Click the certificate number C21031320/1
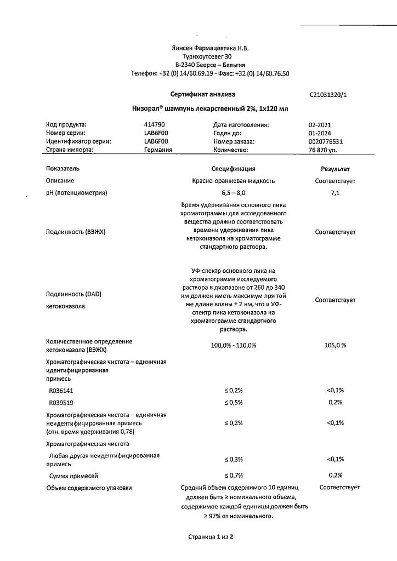(328, 94)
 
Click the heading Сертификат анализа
(202, 94)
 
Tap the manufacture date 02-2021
(320, 125)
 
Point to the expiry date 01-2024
(320, 133)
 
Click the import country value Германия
(158, 150)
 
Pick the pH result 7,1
(335, 193)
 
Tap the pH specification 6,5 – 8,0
(234, 193)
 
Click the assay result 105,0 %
(335, 346)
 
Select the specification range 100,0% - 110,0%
(234, 346)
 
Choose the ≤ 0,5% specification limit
(234, 403)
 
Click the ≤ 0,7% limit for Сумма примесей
(234, 476)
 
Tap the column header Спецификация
(234, 169)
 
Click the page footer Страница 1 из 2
(210, 537)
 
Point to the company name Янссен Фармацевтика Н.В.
(210, 48)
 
